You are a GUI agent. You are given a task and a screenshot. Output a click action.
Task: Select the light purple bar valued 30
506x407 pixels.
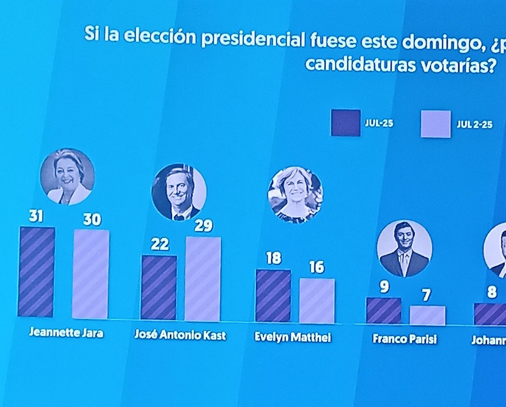(x=91, y=274)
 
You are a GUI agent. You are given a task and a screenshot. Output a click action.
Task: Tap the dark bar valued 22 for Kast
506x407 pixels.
(x=159, y=287)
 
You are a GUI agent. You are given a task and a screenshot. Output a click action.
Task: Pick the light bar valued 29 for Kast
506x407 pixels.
(x=202, y=279)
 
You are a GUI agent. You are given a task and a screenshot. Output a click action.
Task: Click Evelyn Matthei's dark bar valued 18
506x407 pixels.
(x=273, y=295)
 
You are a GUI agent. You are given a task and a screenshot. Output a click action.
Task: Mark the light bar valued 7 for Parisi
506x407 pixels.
(x=427, y=315)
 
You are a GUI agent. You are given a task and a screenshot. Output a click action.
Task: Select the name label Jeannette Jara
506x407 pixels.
(x=66, y=333)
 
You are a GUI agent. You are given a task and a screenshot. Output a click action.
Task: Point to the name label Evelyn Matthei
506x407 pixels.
(x=293, y=337)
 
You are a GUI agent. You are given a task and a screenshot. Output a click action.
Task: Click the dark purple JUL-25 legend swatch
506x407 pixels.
(x=345, y=123)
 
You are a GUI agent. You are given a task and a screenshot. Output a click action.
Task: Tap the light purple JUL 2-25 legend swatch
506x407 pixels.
(x=436, y=124)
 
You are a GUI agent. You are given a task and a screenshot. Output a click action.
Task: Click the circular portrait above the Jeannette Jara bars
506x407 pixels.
(x=67, y=176)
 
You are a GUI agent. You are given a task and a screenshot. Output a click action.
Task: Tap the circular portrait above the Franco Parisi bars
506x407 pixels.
(x=404, y=248)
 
